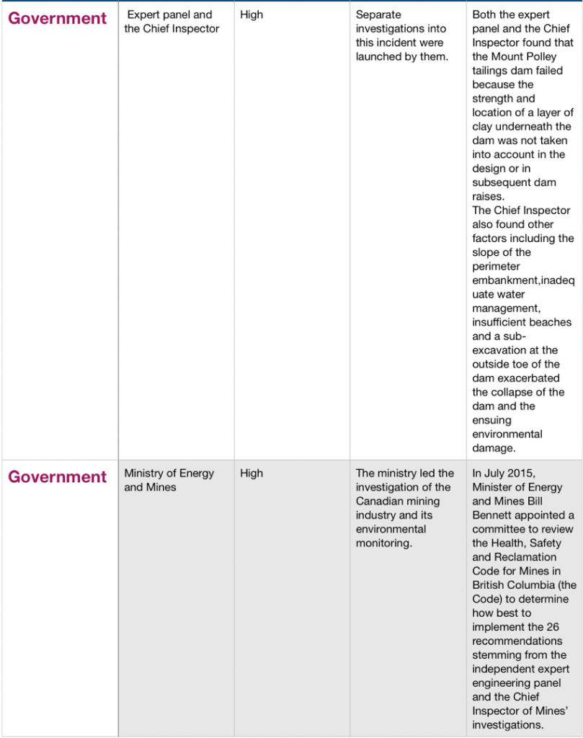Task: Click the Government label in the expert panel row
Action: (57, 18)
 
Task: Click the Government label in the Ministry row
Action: (57, 477)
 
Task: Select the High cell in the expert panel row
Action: (252, 14)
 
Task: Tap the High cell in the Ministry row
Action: (252, 474)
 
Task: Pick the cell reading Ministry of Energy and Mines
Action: (169, 480)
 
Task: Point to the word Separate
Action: (378, 14)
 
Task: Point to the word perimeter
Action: (496, 267)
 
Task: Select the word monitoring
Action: (383, 543)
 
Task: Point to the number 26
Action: (553, 627)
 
